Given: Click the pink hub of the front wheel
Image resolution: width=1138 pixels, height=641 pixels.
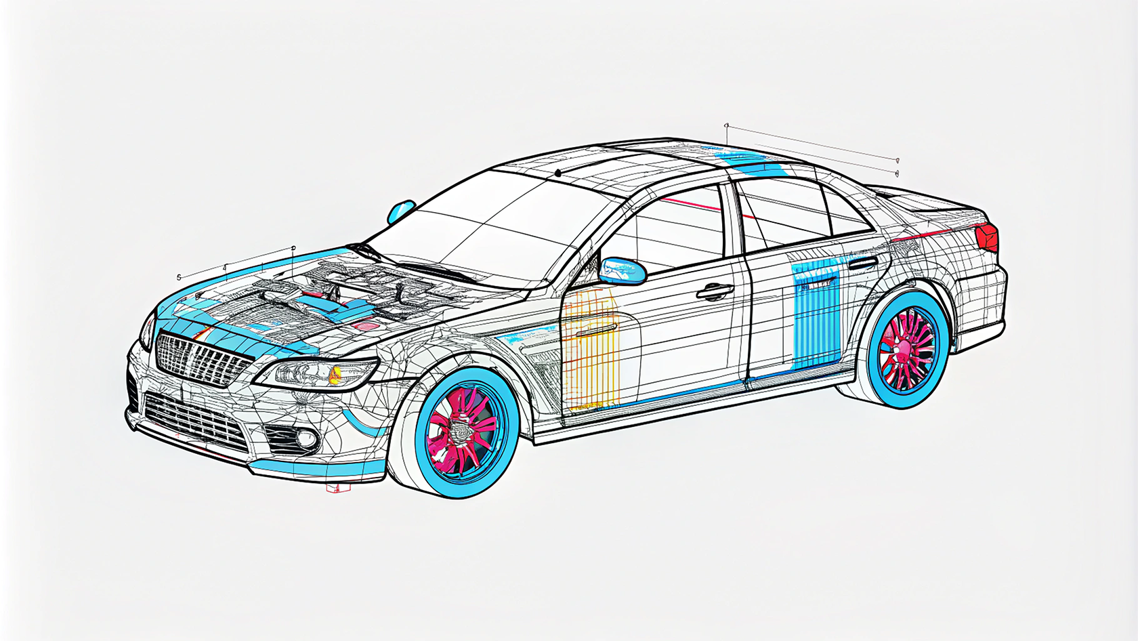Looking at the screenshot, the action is [x=463, y=431].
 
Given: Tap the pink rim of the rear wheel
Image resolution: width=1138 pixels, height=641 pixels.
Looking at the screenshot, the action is [x=906, y=349].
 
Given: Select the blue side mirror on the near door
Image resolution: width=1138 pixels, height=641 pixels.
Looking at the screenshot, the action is [x=623, y=270].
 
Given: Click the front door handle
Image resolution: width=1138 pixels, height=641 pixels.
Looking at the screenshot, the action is [x=715, y=292].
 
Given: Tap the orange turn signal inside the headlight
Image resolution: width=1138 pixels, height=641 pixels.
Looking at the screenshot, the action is [x=335, y=373].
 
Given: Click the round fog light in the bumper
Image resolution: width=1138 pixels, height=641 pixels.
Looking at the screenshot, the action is [x=306, y=440].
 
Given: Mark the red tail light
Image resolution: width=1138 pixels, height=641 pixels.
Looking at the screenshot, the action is [x=988, y=236].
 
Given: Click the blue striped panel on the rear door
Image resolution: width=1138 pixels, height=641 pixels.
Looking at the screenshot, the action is [x=816, y=315].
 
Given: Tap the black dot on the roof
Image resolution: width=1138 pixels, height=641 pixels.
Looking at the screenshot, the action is [x=557, y=173].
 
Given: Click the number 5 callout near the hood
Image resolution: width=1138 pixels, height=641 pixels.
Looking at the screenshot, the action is [x=179, y=277].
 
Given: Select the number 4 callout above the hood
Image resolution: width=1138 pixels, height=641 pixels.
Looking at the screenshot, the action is [x=224, y=268].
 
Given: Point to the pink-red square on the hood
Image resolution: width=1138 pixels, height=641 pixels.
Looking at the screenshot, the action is [x=366, y=326].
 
